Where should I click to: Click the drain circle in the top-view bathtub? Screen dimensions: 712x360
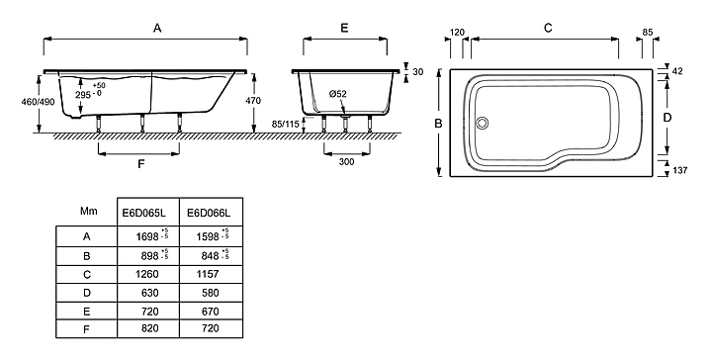(483, 123)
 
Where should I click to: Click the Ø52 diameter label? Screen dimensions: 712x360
(337, 94)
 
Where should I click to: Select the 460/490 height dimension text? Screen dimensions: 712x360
(38, 102)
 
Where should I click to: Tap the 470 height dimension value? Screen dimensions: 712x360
(253, 100)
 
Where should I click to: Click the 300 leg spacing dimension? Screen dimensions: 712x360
(346, 161)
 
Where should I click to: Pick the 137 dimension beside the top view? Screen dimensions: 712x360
(679, 170)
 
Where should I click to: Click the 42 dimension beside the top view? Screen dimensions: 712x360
(677, 71)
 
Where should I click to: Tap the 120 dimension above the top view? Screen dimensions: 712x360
(457, 33)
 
